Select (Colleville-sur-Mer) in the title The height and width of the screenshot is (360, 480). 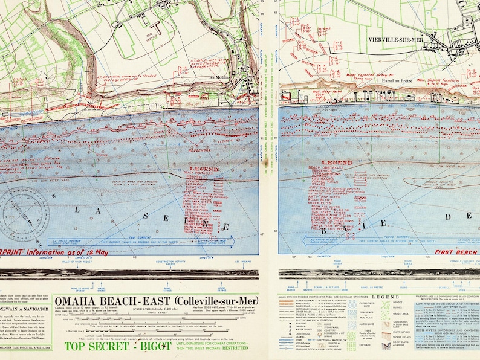tap(214, 301)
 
